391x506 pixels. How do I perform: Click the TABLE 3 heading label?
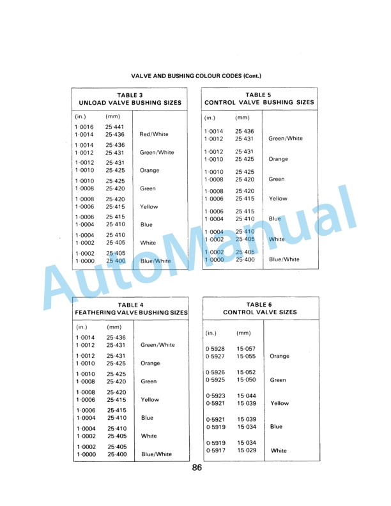click(x=130, y=95)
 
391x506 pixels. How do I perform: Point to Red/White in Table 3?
click(x=154, y=135)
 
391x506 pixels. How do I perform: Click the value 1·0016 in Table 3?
click(x=85, y=128)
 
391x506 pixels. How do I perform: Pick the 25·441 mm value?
click(x=115, y=128)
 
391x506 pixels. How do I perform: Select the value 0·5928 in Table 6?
click(x=215, y=349)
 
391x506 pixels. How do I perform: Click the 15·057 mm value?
click(x=246, y=349)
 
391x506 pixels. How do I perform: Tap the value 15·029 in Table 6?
click(x=246, y=450)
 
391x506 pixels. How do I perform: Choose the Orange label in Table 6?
click(x=280, y=356)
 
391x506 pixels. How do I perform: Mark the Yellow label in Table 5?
click(x=278, y=199)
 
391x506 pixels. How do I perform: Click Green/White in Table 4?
click(x=157, y=345)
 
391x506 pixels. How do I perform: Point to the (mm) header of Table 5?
click(x=243, y=118)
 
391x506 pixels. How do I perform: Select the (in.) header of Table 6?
click(x=212, y=333)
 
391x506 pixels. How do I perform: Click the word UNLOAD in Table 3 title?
click(x=93, y=102)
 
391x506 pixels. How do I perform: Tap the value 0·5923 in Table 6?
click(x=215, y=396)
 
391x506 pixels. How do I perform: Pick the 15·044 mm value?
click(x=246, y=396)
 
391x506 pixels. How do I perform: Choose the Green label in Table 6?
click(x=278, y=380)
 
